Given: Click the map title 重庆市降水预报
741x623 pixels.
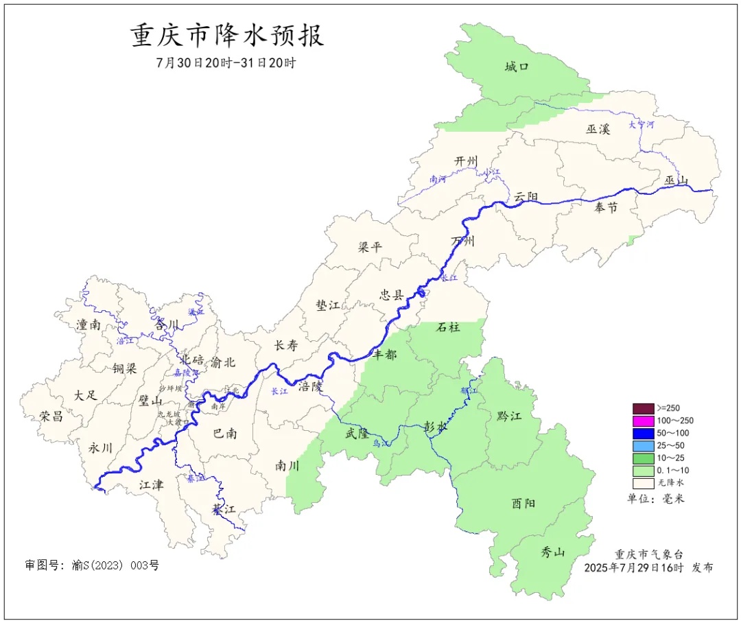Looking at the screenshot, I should pos(227,36).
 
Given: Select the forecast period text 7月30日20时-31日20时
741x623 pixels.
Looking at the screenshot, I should pos(226,62).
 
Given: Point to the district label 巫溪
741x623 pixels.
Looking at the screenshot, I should pos(598,129).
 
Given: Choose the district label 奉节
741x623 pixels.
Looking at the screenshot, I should pos(606,207).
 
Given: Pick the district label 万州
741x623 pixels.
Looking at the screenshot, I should pos(463,241).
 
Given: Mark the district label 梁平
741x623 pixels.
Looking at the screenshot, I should pos(370,247).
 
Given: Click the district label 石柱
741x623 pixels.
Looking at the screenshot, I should pos(448,327).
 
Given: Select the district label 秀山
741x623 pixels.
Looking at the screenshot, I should pos(552,552).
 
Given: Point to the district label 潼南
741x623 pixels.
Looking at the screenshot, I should pos(89,325).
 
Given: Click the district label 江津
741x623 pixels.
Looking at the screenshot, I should pos(151,485).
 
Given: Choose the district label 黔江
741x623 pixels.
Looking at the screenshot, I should pos(508,416).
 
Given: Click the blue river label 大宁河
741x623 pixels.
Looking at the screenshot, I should pos(641,126).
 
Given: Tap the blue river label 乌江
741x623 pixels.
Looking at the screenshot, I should pos(381,444).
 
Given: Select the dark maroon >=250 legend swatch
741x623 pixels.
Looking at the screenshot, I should pos(643,408).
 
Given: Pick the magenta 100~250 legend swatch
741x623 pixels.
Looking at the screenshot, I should pos(643,420).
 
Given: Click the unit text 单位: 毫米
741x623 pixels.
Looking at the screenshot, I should pos(656,498).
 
